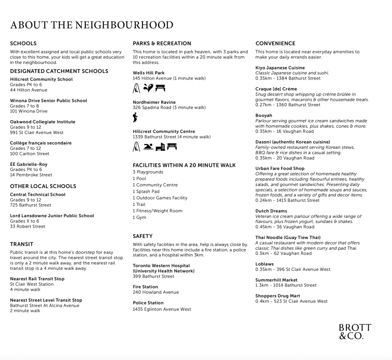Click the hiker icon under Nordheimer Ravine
135,117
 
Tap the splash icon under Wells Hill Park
148,88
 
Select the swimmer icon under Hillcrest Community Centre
148,147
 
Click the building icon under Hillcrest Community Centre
160,147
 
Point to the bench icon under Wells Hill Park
160,88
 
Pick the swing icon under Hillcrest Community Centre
136,147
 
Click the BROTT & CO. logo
355,332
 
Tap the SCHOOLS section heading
23,43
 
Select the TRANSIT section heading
22,244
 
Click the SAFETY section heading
143,236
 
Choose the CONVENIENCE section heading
275,43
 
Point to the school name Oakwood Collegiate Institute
42,122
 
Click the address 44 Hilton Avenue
29,90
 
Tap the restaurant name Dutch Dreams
271,211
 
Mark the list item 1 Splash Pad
146,191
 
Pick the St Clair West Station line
32,284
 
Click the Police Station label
148,303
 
